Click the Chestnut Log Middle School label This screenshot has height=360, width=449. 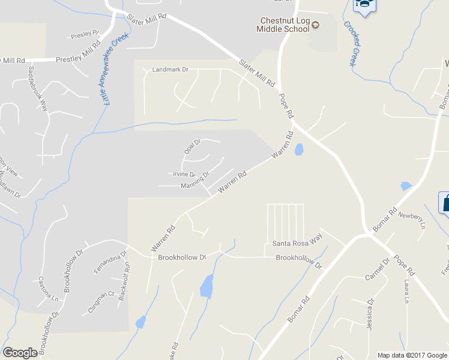click(x=282, y=25)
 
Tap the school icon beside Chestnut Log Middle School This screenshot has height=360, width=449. click(x=315, y=25)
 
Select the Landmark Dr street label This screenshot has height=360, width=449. click(x=170, y=70)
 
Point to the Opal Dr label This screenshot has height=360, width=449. click(x=192, y=146)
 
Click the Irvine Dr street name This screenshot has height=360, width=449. click(x=184, y=174)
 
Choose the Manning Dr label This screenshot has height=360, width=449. click(x=195, y=181)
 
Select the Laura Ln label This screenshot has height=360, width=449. click(x=406, y=291)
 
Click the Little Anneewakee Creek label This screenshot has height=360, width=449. click(x=109, y=70)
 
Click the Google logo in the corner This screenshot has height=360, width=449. click(x=20, y=353)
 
